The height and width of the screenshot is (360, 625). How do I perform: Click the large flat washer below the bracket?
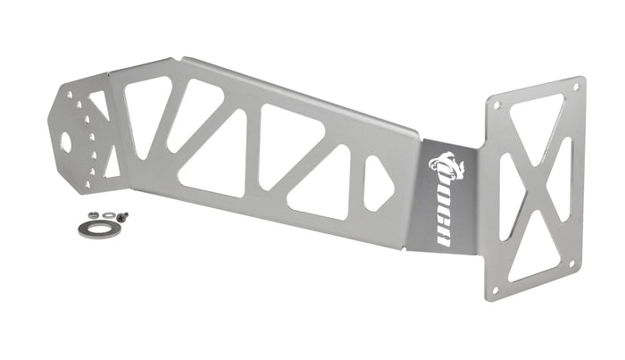(100, 230)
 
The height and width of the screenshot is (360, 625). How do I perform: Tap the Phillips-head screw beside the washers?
(123, 217)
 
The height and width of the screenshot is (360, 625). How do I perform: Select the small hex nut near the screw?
(94, 214)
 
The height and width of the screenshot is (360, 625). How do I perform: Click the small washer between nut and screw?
(108, 215)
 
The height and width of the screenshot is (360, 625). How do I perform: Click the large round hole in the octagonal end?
(66, 142)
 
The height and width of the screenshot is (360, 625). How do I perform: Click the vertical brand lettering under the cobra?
(445, 214)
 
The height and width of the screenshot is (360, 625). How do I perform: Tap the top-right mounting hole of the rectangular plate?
(576, 87)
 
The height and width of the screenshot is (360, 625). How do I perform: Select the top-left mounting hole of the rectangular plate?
(496, 105)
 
